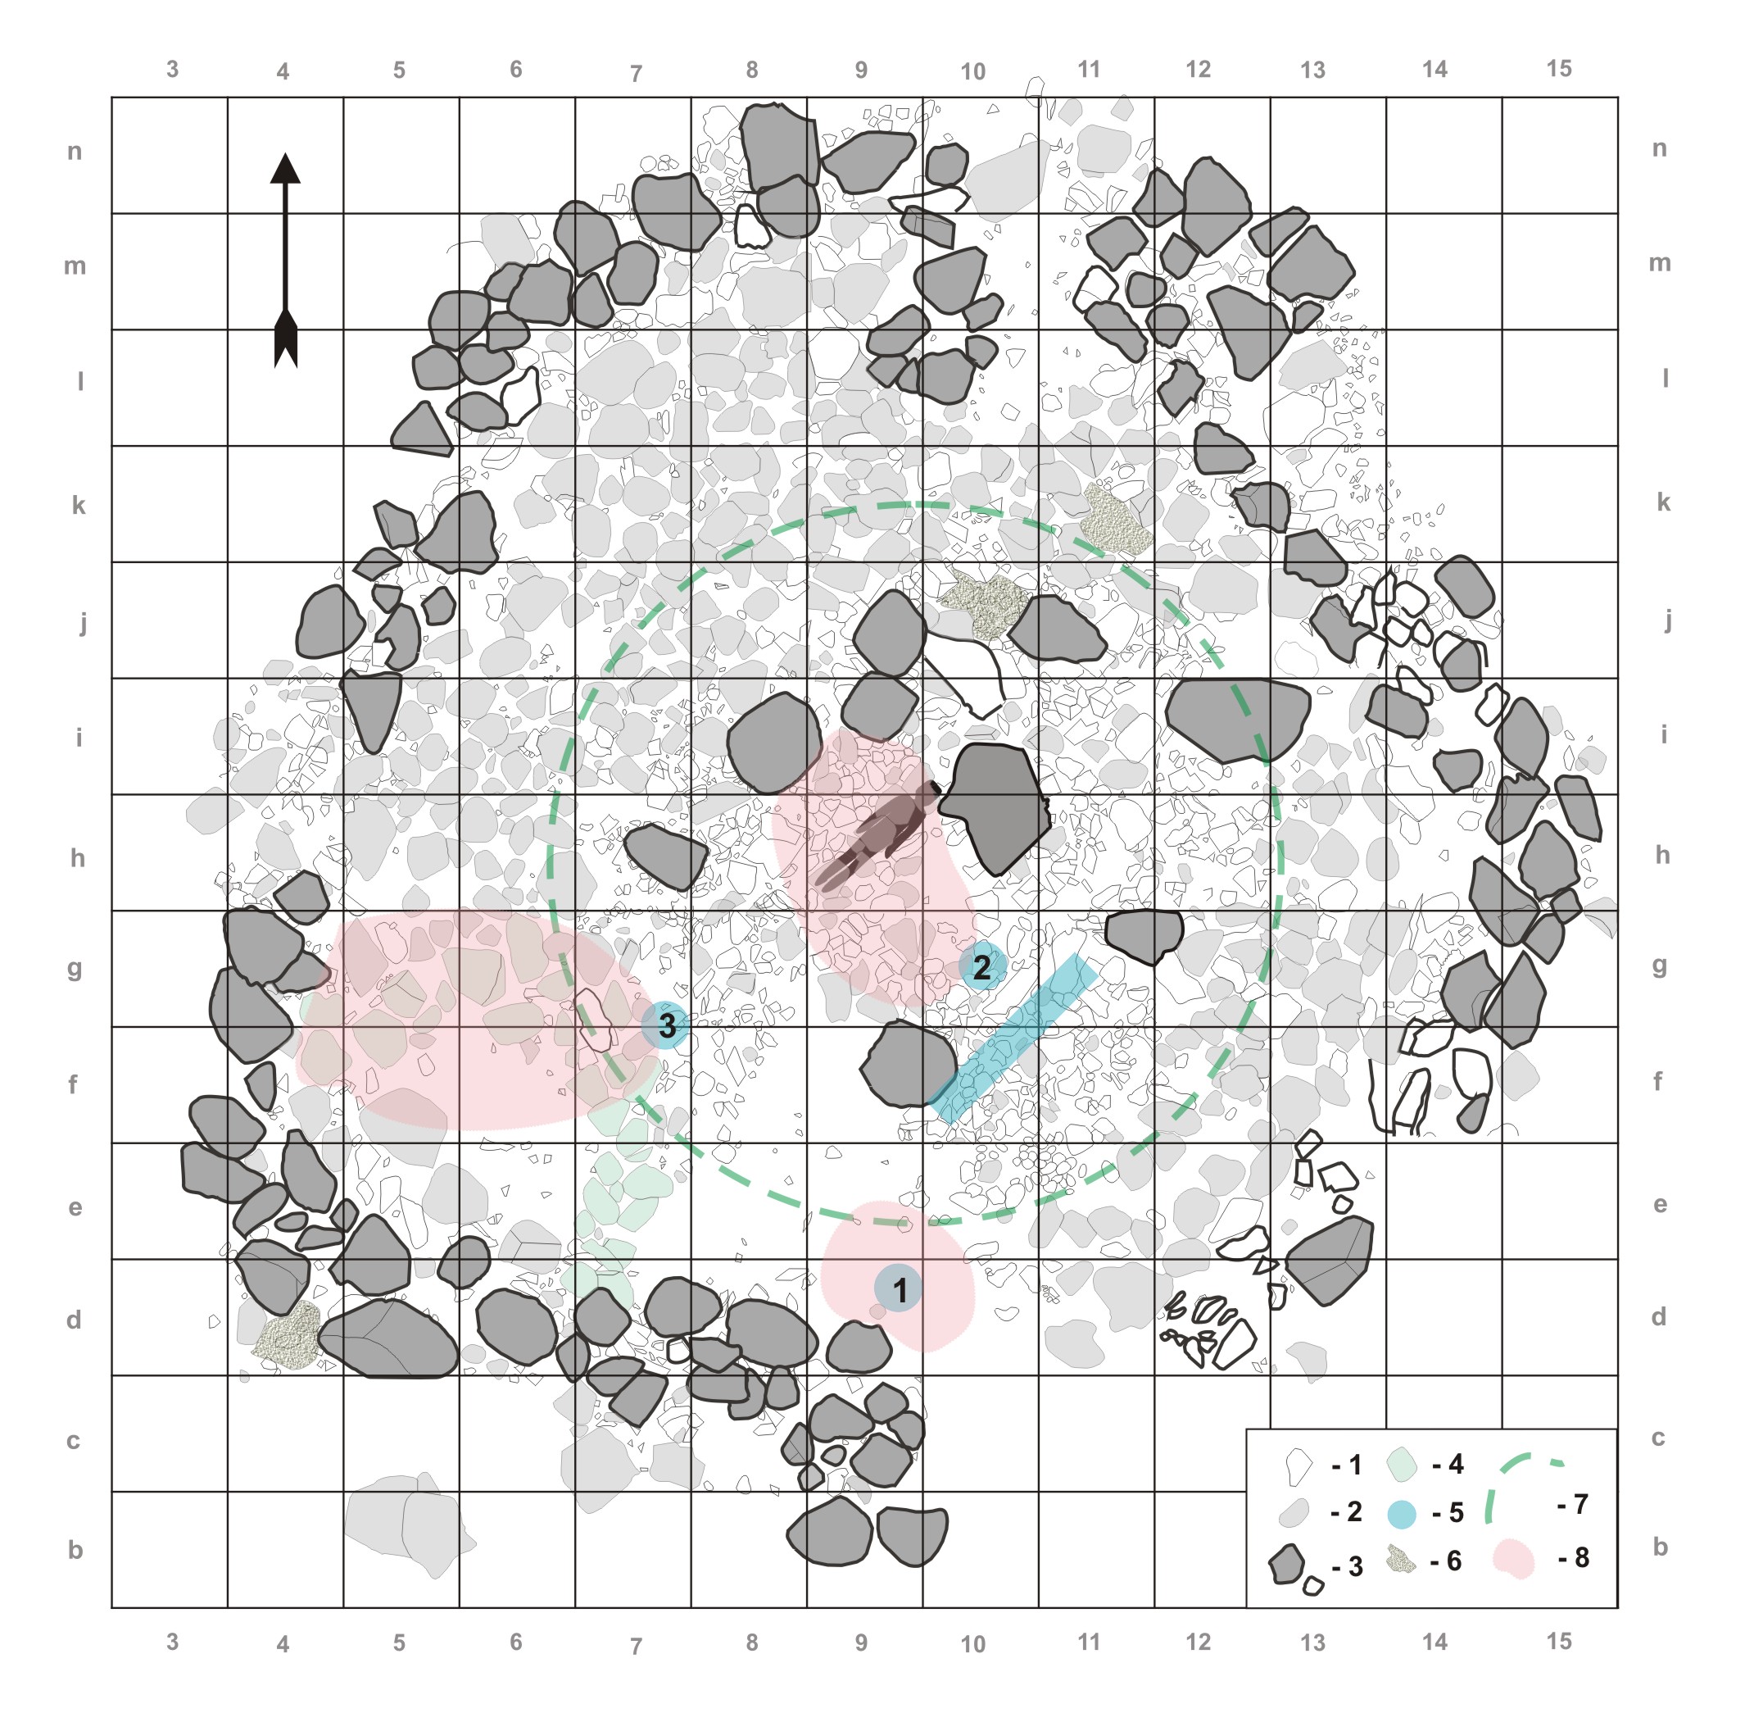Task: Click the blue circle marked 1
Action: click(899, 1288)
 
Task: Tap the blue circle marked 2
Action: click(981, 967)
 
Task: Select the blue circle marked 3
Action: click(665, 1025)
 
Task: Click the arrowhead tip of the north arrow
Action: click(285, 154)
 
